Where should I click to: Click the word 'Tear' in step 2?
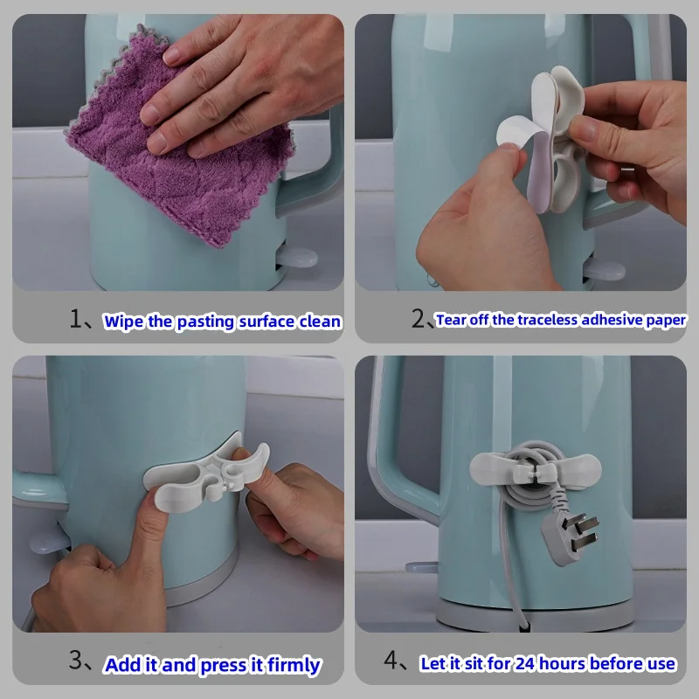point(451,320)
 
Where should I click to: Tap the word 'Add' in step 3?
point(124,666)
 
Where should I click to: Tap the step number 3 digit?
point(78,662)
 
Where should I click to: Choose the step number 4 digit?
point(391,662)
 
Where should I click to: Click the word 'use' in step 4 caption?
point(661,664)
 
